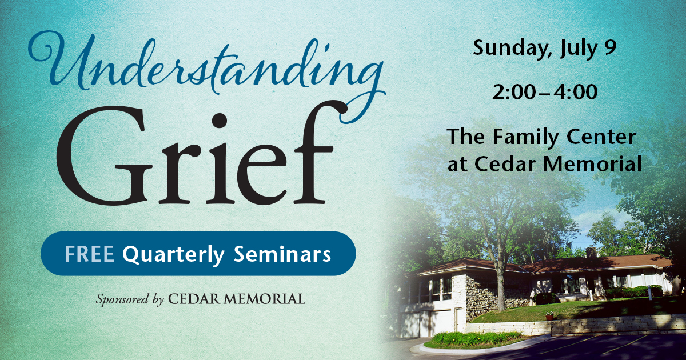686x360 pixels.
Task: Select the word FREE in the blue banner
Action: pyautogui.click(x=89, y=254)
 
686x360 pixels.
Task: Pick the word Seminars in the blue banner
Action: pyautogui.click(x=282, y=254)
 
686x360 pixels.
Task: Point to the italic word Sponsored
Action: pyautogui.click(x=122, y=299)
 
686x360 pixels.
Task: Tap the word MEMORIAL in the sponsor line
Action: pyautogui.click(x=264, y=299)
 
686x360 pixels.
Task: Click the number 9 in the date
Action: pyautogui.click(x=611, y=47)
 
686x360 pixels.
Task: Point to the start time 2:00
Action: pyautogui.click(x=514, y=92)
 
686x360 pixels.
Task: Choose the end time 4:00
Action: pyautogui.click(x=576, y=92)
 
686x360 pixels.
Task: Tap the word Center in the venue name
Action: pyautogui.click(x=601, y=137)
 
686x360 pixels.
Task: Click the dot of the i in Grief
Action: pyautogui.click(x=220, y=121)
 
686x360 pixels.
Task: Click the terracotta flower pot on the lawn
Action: pyautogui.click(x=549, y=316)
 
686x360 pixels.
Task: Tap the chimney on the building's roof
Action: pyautogui.click(x=591, y=251)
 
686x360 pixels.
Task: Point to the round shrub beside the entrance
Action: pyautogui.click(x=544, y=298)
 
